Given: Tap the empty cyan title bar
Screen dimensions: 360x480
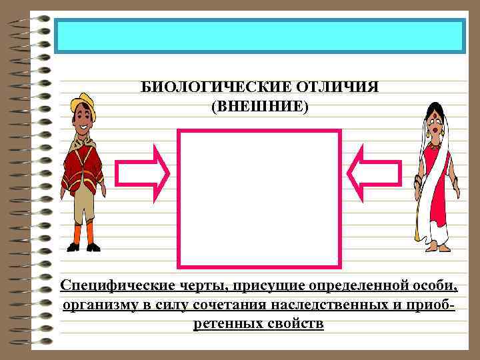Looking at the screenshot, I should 259,36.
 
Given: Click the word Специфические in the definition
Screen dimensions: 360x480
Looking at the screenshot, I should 109,286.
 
